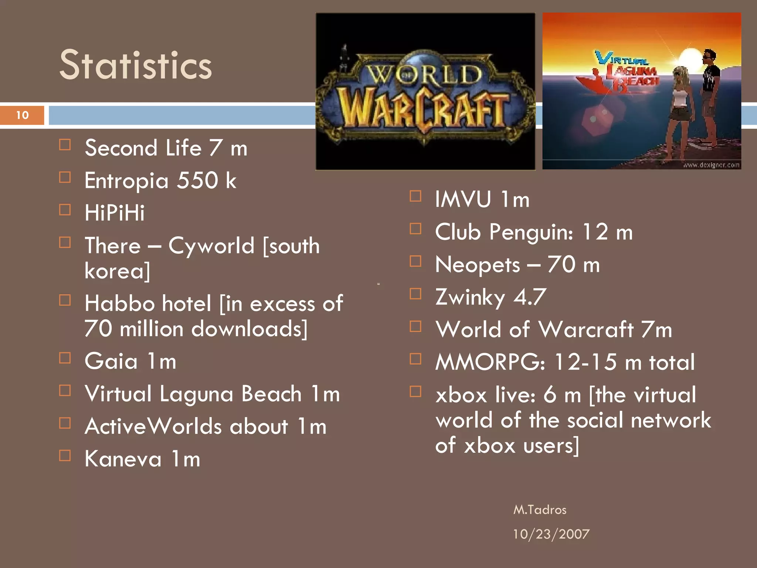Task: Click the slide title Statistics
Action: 135,65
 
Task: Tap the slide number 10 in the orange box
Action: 22,115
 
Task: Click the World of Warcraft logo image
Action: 425,92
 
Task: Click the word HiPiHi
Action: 115,213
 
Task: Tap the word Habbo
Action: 119,304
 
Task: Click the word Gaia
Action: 111,361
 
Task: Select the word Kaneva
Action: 123,459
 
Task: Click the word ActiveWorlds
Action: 153,426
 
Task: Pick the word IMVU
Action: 463,199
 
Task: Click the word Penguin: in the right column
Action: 532,232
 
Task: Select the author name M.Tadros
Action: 540,510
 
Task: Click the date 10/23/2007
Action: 551,534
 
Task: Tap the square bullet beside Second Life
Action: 65,145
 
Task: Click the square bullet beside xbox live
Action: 415,391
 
